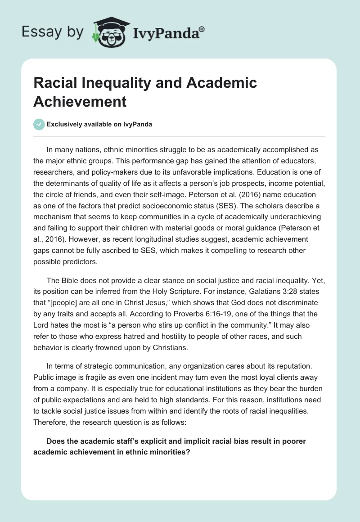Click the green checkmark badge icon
coord(39,124)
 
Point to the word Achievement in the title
coord(80,101)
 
